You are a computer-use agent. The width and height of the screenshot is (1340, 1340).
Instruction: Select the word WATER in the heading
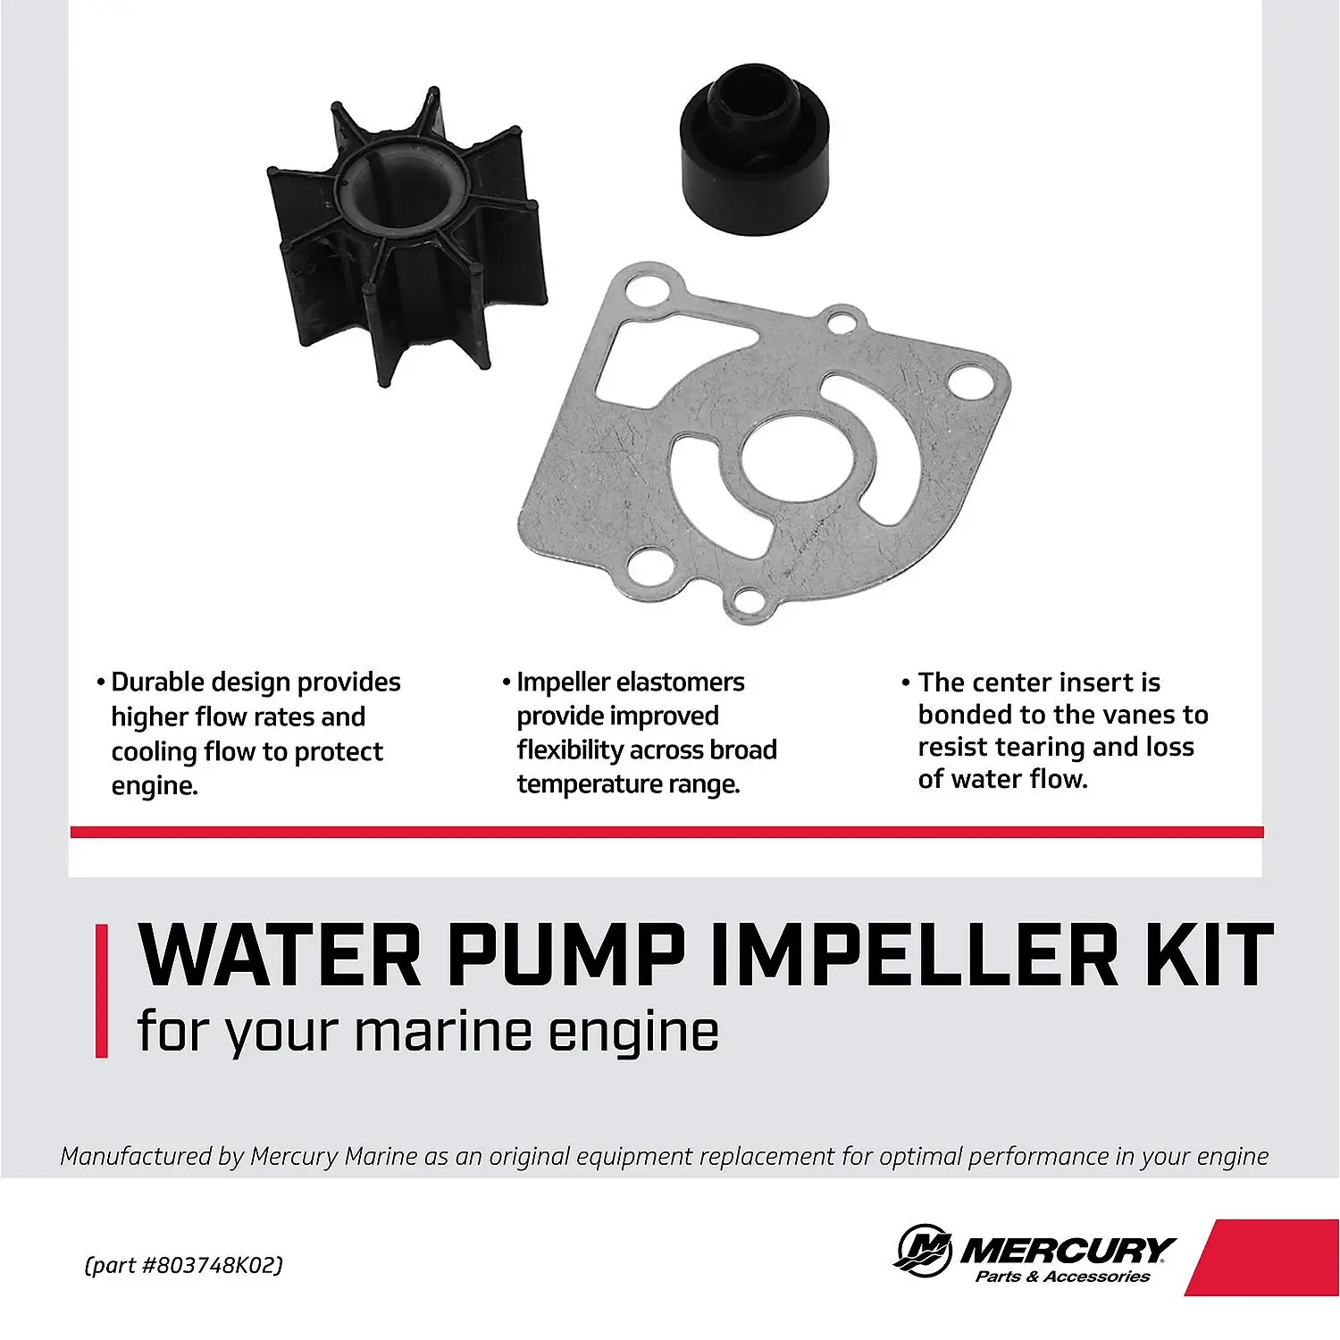[280, 955]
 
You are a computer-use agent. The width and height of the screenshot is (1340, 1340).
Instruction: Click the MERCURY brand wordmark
[1068, 1249]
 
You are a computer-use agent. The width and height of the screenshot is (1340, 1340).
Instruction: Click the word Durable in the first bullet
[164, 683]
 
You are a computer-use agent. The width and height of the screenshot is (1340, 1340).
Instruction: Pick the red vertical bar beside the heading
[102, 992]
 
